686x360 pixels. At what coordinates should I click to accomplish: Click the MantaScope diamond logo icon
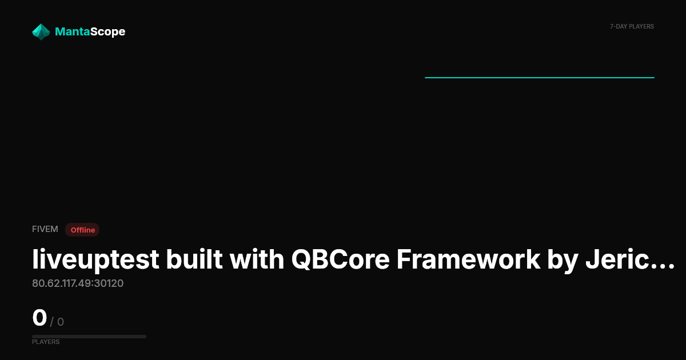click(41, 32)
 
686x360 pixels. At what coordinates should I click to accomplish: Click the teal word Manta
click(72, 31)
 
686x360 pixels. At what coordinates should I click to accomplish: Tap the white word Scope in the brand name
click(108, 32)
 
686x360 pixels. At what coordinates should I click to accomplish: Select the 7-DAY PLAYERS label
click(632, 27)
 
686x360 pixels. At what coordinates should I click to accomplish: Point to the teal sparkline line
click(540, 78)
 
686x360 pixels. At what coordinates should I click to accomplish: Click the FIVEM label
click(45, 229)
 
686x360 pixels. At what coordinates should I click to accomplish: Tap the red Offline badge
click(82, 230)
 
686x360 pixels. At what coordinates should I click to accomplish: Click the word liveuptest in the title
click(95, 260)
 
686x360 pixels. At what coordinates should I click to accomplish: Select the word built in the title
click(194, 259)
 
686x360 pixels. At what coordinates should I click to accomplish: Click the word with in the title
click(257, 259)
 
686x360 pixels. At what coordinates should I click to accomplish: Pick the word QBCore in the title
click(340, 259)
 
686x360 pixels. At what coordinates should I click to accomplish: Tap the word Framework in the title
click(468, 259)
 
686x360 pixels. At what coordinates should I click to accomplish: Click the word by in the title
click(563, 261)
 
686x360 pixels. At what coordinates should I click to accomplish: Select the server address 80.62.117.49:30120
click(78, 283)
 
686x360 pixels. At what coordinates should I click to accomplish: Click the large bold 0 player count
click(39, 318)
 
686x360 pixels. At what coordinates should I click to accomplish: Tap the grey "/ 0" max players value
click(57, 322)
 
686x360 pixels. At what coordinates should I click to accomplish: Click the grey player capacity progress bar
click(89, 337)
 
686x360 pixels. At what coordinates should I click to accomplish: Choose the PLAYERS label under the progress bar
click(46, 342)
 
